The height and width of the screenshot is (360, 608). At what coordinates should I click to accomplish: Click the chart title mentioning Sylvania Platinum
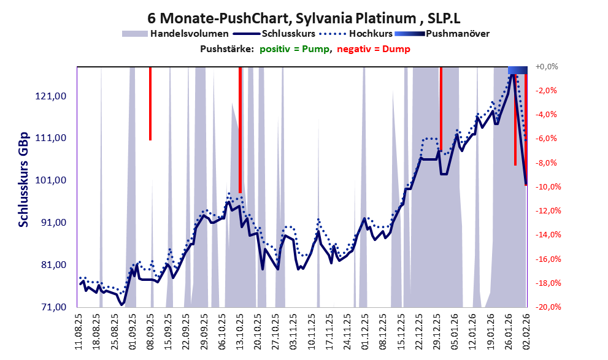tap(304, 15)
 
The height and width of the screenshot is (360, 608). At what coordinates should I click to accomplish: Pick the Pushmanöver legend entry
tap(456, 34)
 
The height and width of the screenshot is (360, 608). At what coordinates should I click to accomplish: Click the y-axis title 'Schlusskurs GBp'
tap(23, 179)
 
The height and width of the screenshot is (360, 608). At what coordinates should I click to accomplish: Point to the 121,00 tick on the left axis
tap(52, 96)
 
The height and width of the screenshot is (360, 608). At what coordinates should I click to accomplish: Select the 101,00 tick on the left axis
tap(52, 180)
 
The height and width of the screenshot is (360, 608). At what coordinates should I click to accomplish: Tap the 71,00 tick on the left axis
tap(52, 307)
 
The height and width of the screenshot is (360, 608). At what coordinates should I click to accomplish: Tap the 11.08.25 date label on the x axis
tap(80, 331)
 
